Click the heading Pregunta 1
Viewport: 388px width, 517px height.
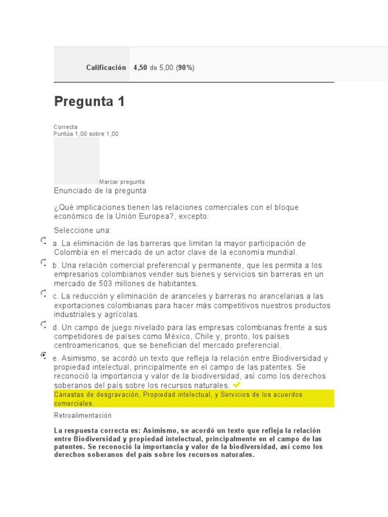(89, 102)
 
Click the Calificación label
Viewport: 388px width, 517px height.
(106, 68)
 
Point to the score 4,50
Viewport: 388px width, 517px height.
(140, 68)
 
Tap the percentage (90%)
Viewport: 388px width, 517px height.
(185, 68)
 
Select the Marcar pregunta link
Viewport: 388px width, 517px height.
(122, 182)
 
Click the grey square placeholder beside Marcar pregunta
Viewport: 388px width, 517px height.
(76, 161)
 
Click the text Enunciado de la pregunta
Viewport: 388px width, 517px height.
(100, 191)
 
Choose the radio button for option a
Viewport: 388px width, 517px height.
(43, 241)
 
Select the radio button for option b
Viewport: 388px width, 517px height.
(43, 263)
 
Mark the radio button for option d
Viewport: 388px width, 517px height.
(43, 325)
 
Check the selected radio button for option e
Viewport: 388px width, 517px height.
(43, 356)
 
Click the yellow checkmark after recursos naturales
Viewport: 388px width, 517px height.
(237, 385)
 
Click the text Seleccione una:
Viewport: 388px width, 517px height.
(82, 230)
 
